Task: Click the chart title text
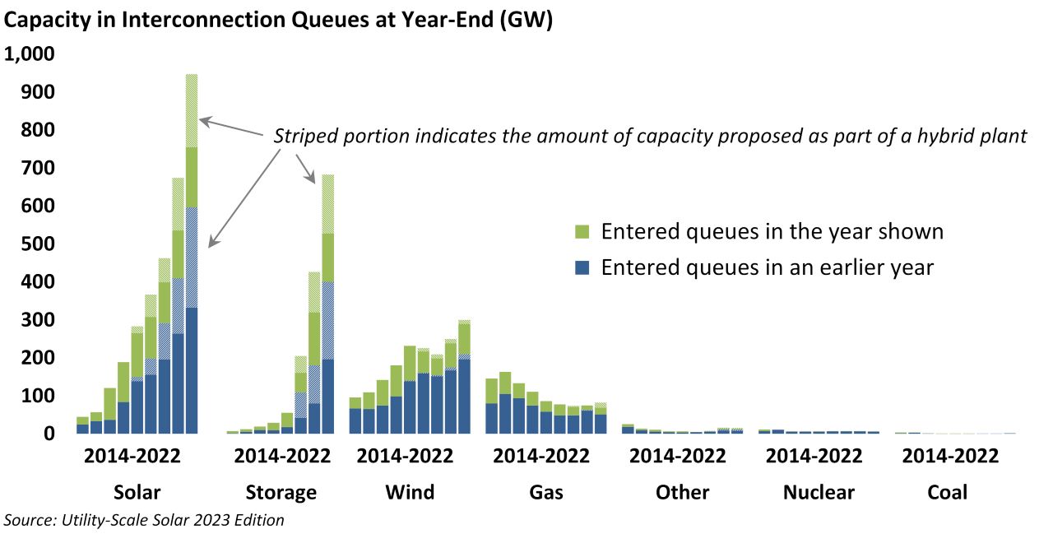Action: coord(278,21)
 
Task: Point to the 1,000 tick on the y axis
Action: coord(29,54)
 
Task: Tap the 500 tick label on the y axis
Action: coord(37,244)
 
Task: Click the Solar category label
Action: coord(137,493)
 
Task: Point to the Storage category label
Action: coord(281,493)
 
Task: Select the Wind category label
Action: coord(410,493)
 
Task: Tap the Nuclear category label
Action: coord(818,493)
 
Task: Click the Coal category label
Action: coord(947,493)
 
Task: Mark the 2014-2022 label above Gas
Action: coord(546,456)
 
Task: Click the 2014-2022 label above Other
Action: coord(682,456)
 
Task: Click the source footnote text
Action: coord(145,520)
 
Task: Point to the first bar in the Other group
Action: coord(628,430)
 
